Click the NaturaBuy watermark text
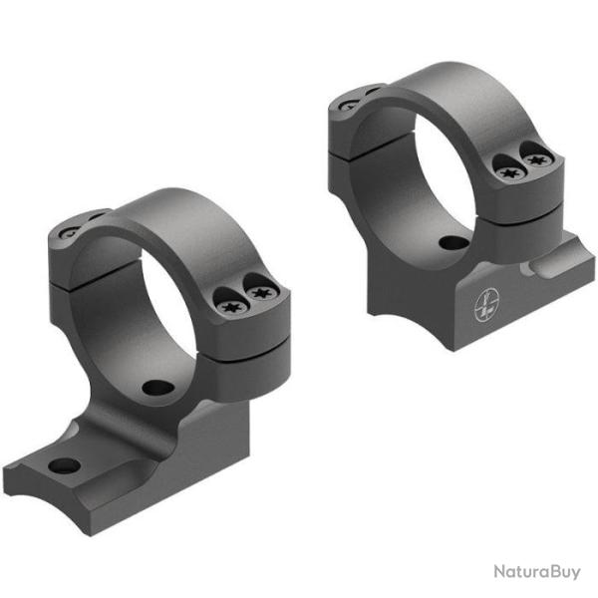(536, 572)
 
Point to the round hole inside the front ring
(156, 388)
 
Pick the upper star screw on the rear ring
(538, 158)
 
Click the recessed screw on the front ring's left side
(70, 232)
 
